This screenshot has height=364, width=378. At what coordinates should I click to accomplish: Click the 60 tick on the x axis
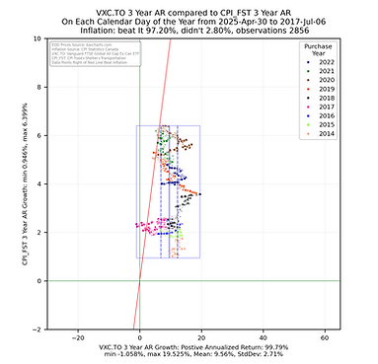point(325,336)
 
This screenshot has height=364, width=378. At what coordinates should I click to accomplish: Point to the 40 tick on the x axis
point(264,336)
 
